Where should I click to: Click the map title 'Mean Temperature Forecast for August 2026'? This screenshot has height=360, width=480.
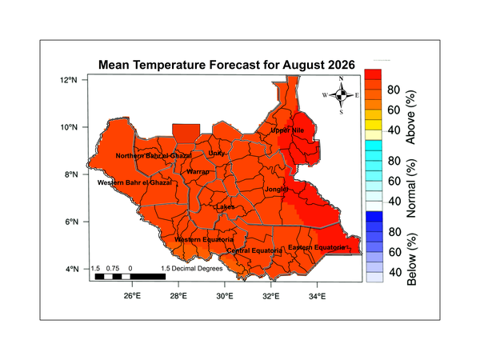pos(226,65)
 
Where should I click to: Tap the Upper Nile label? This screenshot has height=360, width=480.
pos(287,130)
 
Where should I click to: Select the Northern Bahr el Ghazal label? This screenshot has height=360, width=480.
pos(154,156)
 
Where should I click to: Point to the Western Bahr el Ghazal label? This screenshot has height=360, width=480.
pos(134,182)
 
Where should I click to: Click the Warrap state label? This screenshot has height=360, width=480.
pos(198,171)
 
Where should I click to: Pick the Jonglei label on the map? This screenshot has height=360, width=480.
pos(276,189)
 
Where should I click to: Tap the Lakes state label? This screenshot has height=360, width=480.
pos(226,207)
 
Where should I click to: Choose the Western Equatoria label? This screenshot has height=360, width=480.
pos(204,239)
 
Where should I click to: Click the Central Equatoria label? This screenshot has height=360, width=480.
pos(254,250)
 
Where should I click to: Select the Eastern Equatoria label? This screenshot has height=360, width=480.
pos(317,247)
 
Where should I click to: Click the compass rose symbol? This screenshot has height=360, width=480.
pos(341,95)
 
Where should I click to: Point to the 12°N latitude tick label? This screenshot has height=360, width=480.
pos(69,80)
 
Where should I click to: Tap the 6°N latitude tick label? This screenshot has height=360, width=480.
pos(72,222)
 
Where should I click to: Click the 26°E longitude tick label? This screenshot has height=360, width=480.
pos(132,296)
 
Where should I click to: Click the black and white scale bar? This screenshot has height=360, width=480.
pos(130,277)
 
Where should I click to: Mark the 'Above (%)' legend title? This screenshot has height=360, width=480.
pos(410,118)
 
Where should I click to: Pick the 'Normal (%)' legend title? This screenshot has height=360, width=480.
pos(411,188)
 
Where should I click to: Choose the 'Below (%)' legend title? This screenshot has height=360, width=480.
pos(411,259)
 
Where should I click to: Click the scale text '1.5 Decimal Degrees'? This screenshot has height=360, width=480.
pos(192,269)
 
